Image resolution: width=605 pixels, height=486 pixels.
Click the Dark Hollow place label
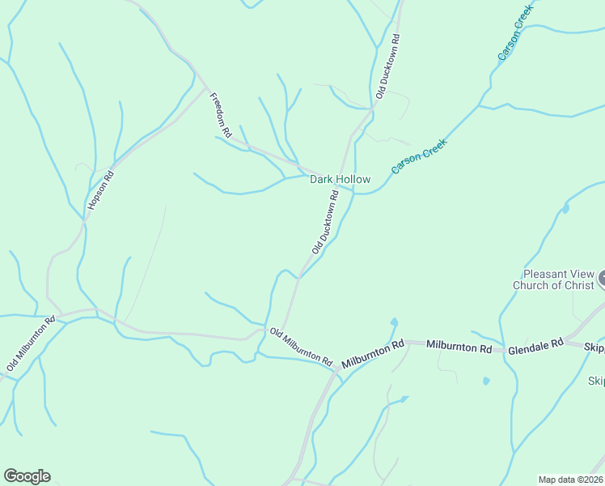tap(340, 179)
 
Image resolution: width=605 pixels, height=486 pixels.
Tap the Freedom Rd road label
tap(221, 115)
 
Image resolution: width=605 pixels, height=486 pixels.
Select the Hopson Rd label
tap(102, 191)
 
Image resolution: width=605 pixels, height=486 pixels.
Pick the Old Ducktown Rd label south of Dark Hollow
tap(324, 225)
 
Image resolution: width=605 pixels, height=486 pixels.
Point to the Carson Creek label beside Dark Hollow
tap(419, 156)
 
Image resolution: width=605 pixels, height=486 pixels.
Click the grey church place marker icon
tap(602, 280)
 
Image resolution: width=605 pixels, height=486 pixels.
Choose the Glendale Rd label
tap(535, 346)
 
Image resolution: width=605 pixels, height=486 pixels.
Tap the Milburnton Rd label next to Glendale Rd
tap(459, 347)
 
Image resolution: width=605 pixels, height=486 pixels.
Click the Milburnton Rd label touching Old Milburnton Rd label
tap(372, 355)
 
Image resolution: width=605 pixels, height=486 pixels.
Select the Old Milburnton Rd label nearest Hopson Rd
tap(30, 343)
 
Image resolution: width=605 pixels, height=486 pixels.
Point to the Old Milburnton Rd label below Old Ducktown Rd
tap(301, 346)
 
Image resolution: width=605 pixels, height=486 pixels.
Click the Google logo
tap(27, 476)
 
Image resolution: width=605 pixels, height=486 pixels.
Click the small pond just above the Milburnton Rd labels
tap(394, 322)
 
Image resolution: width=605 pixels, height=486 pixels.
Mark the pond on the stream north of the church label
tap(565, 209)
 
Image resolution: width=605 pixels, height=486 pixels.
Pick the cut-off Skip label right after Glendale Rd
tap(594, 347)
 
